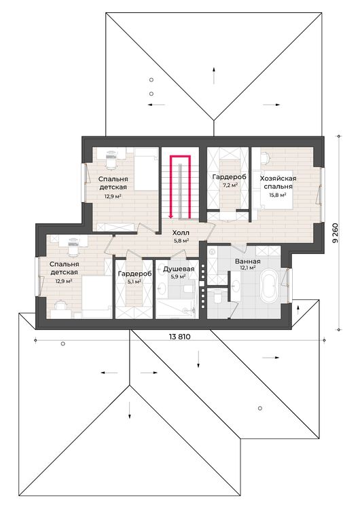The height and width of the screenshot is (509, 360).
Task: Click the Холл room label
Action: point(181,233)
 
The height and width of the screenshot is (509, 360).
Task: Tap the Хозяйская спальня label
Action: point(278,183)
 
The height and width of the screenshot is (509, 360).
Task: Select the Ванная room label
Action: point(247,261)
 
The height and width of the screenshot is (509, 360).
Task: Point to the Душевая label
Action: point(179,269)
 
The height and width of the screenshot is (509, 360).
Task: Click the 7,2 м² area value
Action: point(230,185)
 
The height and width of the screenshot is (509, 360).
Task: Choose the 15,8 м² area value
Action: point(278,195)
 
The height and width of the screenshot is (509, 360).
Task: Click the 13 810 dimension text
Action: point(179,337)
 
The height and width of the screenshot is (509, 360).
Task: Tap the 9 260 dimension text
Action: point(336,232)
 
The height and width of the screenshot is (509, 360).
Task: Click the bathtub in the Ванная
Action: point(269,284)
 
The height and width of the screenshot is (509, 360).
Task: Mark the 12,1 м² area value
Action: point(247,268)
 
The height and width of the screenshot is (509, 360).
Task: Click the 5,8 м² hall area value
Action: point(181,240)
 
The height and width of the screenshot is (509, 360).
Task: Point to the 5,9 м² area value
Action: point(178,277)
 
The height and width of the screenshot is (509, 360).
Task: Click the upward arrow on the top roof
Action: point(214,75)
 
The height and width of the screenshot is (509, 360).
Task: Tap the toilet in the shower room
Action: point(188,288)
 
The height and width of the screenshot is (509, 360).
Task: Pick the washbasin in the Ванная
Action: point(235,285)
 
